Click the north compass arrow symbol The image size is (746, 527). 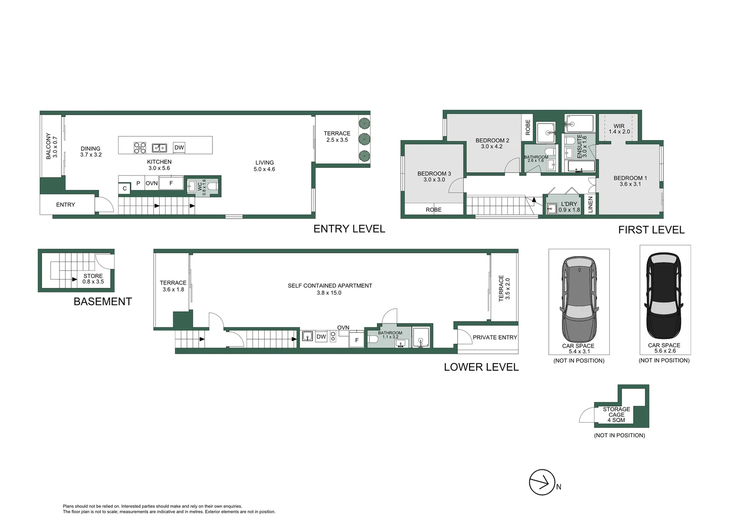(x=542, y=483)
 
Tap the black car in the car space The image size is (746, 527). (x=664, y=295)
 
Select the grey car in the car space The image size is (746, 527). (x=579, y=299)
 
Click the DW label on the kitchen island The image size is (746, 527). (x=179, y=147)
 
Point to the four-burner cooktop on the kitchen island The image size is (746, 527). (x=140, y=147)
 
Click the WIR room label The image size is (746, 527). (x=619, y=126)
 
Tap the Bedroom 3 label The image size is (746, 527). (x=434, y=173)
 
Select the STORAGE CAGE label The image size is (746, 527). (x=617, y=412)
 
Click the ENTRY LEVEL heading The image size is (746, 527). (x=350, y=229)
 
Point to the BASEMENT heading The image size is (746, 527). (x=103, y=302)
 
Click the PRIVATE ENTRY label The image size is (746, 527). (x=495, y=337)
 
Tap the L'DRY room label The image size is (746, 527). (x=569, y=204)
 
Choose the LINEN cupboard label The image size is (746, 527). (x=590, y=204)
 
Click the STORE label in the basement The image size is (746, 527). (x=93, y=276)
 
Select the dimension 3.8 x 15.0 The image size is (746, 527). (x=329, y=293)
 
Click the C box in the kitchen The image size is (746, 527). (x=124, y=188)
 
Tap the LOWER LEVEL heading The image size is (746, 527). (x=481, y=367)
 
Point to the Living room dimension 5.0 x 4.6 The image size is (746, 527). (x=265, y=169)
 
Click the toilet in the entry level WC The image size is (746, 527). (x=213, y=186)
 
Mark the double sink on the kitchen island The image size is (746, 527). (x=160, y=147)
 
